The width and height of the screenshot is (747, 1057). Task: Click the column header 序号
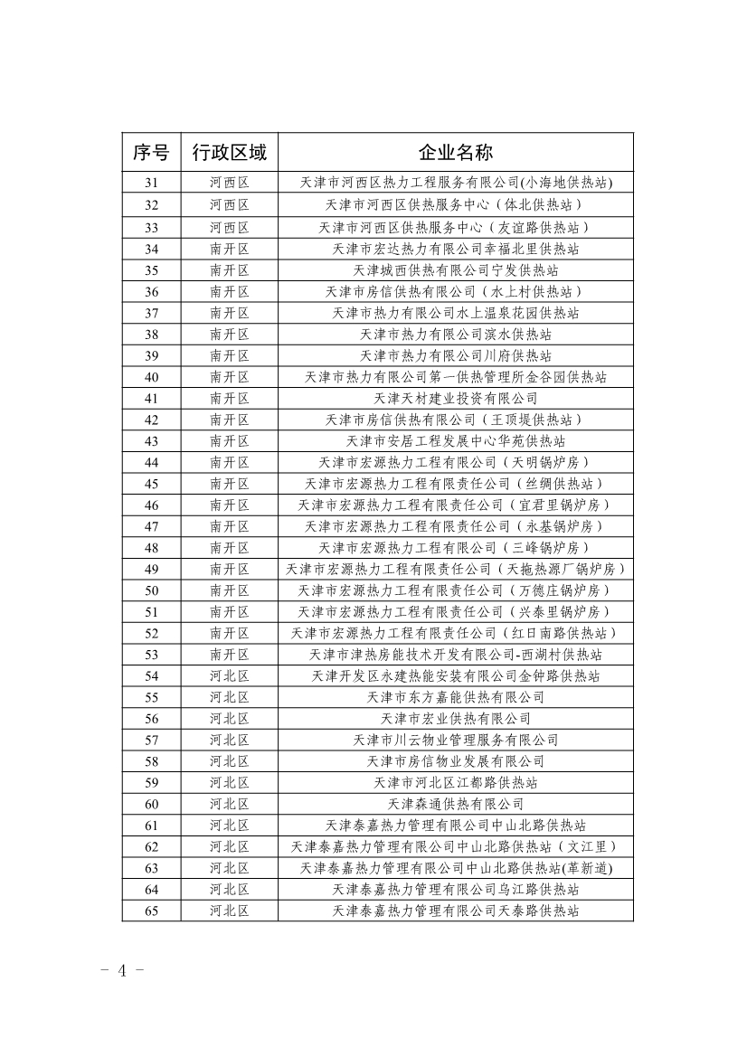coord(151,152)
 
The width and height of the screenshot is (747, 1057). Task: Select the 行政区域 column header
coord(230,152)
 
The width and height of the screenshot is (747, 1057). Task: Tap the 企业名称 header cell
coord(456,152)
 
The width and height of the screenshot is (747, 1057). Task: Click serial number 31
coord(151,184)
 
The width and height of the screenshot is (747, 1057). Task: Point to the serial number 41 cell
coord(151,398)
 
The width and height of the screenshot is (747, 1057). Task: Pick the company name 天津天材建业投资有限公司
coord(456,398)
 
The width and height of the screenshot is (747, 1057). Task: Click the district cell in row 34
coord(230,249)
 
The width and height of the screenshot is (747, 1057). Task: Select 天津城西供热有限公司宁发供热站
coord(456,270)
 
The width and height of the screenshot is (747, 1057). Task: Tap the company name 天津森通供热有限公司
coord(456,804)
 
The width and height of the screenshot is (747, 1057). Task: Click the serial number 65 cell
coord(151,911)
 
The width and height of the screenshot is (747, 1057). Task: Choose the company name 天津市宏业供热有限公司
coord(456,719)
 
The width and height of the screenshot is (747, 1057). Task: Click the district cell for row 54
coord(230,676)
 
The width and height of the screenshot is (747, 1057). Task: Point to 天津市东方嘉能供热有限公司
coord(456,697)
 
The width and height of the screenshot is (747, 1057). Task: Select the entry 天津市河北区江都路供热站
coord(456,783)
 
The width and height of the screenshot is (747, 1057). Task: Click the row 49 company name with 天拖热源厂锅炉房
coord(456,569)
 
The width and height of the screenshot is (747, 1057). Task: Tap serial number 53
coord(151,655)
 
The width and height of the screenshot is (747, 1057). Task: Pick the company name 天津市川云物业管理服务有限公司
coord(456,740)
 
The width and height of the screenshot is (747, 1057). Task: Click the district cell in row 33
coord(230,227)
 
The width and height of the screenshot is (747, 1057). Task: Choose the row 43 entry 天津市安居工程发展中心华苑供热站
coord(456,441)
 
